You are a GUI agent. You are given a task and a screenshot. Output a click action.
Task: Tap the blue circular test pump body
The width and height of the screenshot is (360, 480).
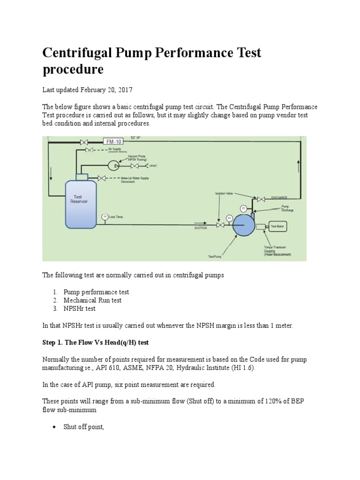pos(244,226)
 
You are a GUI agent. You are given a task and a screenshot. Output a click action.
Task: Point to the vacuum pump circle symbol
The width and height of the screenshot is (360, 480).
pos(113,165)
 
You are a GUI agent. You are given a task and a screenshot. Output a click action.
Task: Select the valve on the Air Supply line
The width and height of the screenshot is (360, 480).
pos(89,150)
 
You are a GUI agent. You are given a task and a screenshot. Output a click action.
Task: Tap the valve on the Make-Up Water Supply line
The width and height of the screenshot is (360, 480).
pos(101,178)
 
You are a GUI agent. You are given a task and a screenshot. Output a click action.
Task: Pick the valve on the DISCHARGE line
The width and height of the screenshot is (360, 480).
pos(261,198)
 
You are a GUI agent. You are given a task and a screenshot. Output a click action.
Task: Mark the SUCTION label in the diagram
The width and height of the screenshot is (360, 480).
pos(201,228)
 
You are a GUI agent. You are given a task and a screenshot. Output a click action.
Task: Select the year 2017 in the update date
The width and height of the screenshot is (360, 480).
pos(119,89)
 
